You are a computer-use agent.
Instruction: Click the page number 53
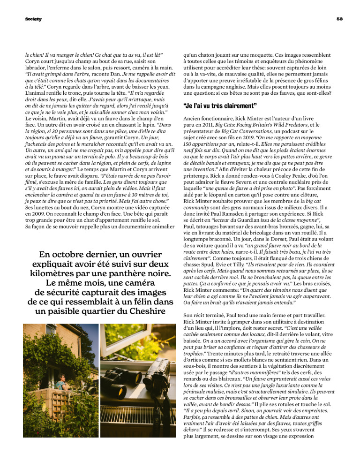(340, 19)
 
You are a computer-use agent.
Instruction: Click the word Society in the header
(33, 19)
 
